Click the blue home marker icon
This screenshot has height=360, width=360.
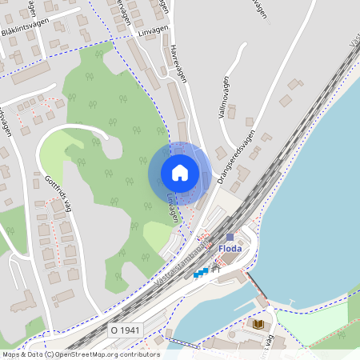tap(180, 172)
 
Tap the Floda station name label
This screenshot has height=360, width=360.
tap(230, 249)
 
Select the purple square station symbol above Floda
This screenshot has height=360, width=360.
tap(230, 237)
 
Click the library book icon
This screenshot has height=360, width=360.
tap(258, 323)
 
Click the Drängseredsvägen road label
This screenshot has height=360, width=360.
tap(234, 156)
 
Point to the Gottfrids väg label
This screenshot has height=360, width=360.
tap(58, 192)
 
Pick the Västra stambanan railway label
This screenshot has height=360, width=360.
tap(178, 263)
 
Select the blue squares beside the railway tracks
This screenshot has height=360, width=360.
tap(200, 273)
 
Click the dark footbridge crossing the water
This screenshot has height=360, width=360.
tap(255, 285)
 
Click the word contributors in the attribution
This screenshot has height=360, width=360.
tap(138, 354)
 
